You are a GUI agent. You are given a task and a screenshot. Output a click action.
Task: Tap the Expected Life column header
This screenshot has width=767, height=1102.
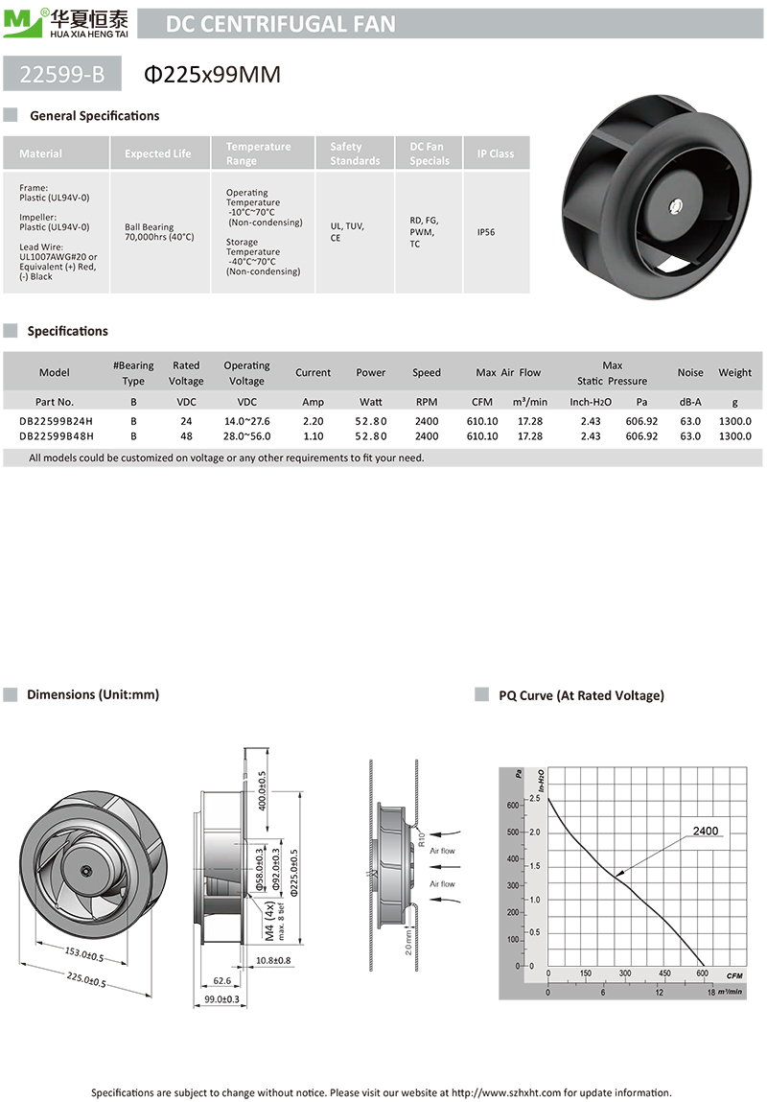pyautogui.click(x=158, y=153)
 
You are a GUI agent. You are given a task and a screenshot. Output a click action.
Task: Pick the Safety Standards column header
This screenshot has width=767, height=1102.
pyautogui.click(x=355, y=153)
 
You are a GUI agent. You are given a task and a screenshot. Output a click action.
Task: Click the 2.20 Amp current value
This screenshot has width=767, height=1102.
pyautogui.click(x=313, y=420)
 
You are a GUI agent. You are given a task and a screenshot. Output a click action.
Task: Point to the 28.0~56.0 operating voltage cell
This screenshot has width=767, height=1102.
pyautogui.click(x=246, y=436)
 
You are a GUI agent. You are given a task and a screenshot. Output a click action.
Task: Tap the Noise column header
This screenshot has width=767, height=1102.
pyautogui.click(x=690, y=372)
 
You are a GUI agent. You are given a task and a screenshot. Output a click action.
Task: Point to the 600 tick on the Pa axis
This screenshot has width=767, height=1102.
pyautogui.click(x=512, y=805)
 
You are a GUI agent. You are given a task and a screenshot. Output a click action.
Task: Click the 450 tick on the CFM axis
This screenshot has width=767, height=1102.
pyautogui.click(x=664, y=974)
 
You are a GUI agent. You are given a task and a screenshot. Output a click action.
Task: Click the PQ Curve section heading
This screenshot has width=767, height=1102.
pyautogui.click(x=581, y=695)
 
